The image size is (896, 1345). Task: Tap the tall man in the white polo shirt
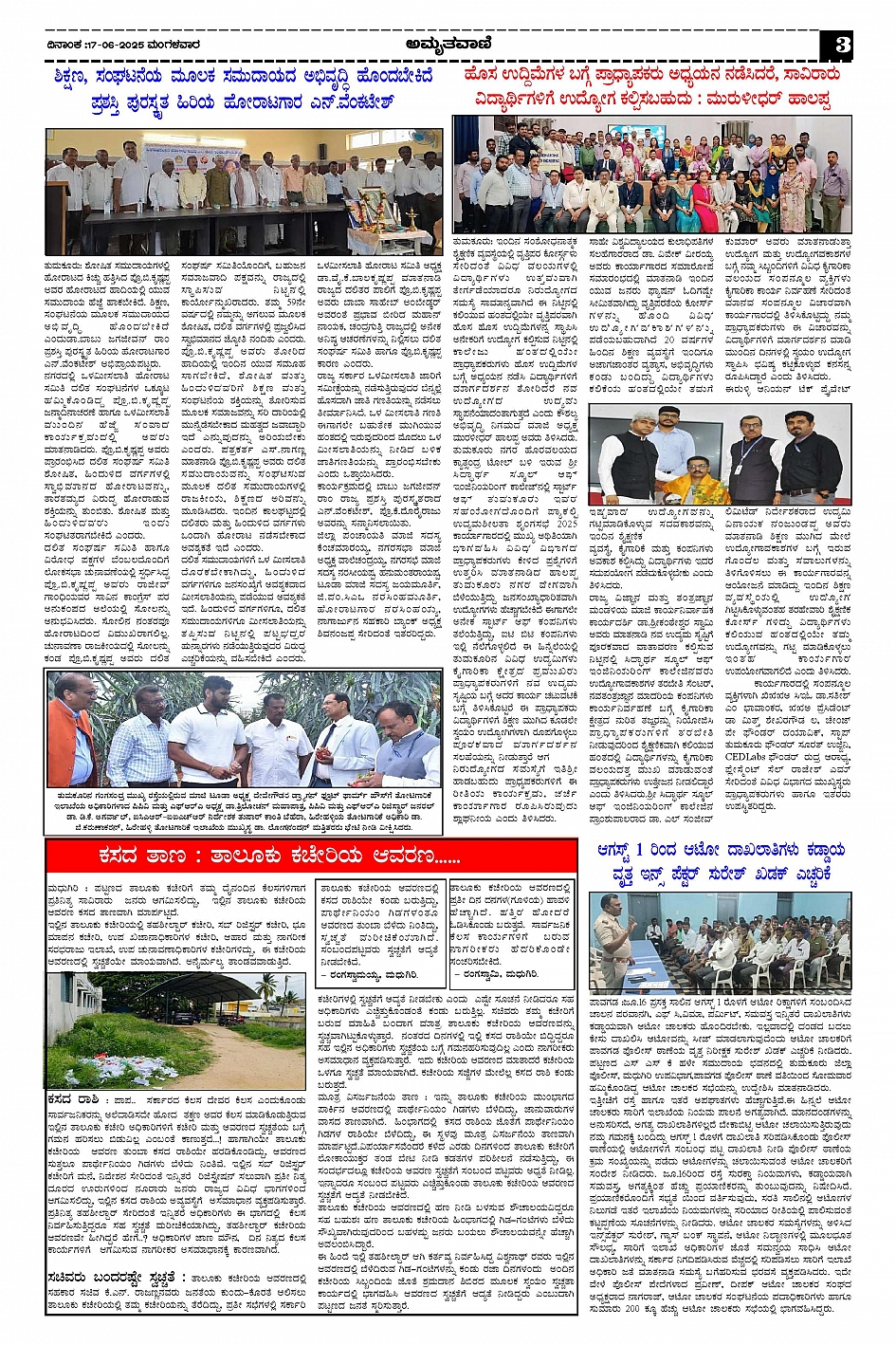tap(207, 726)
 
